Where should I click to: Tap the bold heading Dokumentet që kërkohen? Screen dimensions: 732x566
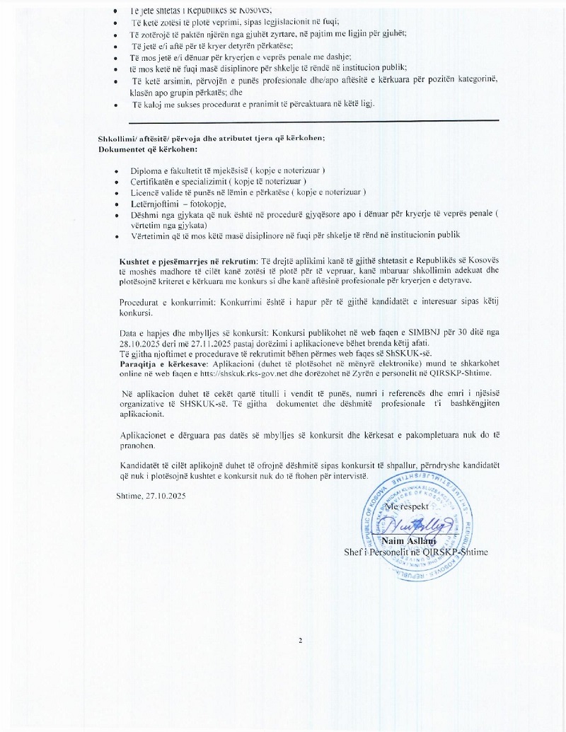tap(148, 149)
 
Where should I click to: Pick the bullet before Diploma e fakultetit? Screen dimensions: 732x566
tap(116, 172)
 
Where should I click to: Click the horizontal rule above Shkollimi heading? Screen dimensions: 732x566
tap(298, 120)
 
